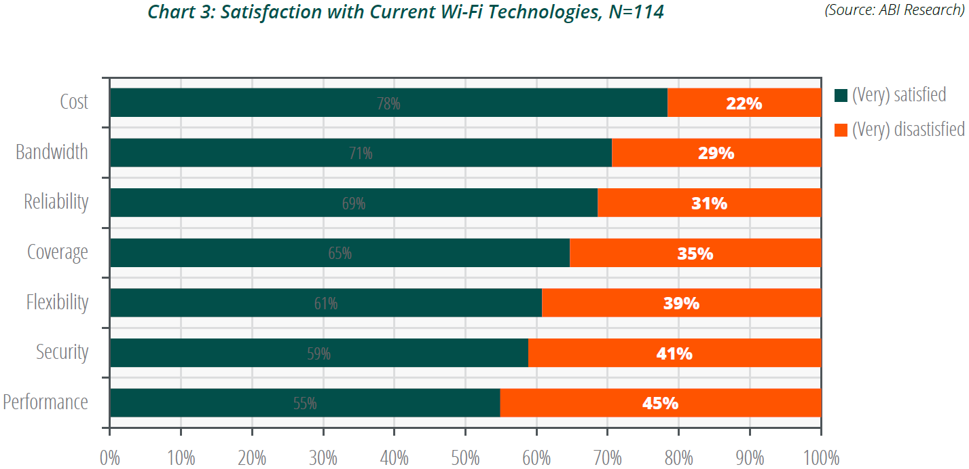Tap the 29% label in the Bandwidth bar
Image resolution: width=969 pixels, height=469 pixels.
[716, 153]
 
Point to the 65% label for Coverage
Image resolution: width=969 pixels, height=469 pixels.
[340, 254]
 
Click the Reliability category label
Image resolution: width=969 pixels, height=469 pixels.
[56, 202]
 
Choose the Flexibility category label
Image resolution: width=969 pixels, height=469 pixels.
[57, 302]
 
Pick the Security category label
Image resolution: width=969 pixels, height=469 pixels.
[62, 352]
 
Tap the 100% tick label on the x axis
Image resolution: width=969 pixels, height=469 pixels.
[820, 456]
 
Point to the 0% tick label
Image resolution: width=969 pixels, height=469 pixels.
[109, 456]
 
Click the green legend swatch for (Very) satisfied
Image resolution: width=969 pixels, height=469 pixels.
[841, 96]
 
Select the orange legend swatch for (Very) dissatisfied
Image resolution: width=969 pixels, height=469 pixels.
[841, 130]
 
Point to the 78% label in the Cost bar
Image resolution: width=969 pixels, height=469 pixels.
[388, 104]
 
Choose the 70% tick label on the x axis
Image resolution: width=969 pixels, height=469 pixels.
[607, 456]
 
